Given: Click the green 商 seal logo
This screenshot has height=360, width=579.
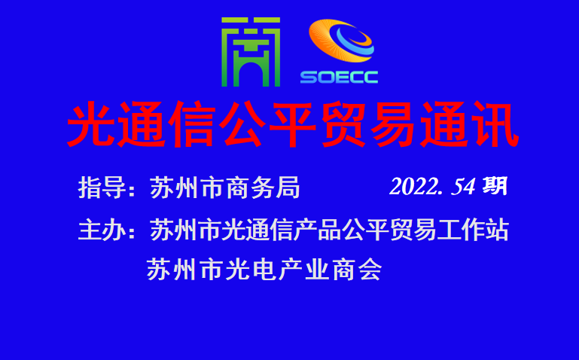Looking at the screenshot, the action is pyautogui.click(x=251, y=52).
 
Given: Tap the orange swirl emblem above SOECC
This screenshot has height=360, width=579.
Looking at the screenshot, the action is pyautogui.click(x=341, y=41).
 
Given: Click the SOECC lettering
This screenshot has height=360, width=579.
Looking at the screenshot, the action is pyautogui.click(x=339, y=77).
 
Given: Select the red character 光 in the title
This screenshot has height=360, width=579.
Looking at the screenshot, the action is pyautogui.click(x=91, y=124).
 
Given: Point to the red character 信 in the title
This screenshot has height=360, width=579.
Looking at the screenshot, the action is pyautogui.click(x=192, y=124).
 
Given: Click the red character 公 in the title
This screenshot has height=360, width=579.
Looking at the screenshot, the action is pyautogui.click(x=242, y=124).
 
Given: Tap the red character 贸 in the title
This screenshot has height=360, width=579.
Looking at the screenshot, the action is pyautogui.click(x=344, y=124).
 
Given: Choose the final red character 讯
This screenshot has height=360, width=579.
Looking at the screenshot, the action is pyautogui.click(x=495, y=124).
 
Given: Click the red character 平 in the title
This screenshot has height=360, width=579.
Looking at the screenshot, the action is pyautogui.click(x=293, y=124).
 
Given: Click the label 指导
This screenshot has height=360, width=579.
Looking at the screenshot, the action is pyautogui.click(x=102, y=188).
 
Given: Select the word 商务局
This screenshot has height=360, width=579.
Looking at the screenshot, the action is pyautogui.click(x=263, y=188).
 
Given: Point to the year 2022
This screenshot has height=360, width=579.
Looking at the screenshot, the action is pyautogui.click(x=413, y=187).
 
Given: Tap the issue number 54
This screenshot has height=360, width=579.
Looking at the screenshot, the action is pyautogui.click(x=463, y=187).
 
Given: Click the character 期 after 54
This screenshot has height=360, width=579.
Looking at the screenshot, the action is pyautogui.click(x=495, y=186).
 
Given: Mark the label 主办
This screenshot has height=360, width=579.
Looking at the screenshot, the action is pyautogui.click(x=102, y=230).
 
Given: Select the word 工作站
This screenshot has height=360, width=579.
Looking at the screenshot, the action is pyautogui.click(x=473, y=230).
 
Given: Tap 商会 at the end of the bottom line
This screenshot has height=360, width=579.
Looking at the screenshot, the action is pyautogui.click(x=357, y=270).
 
